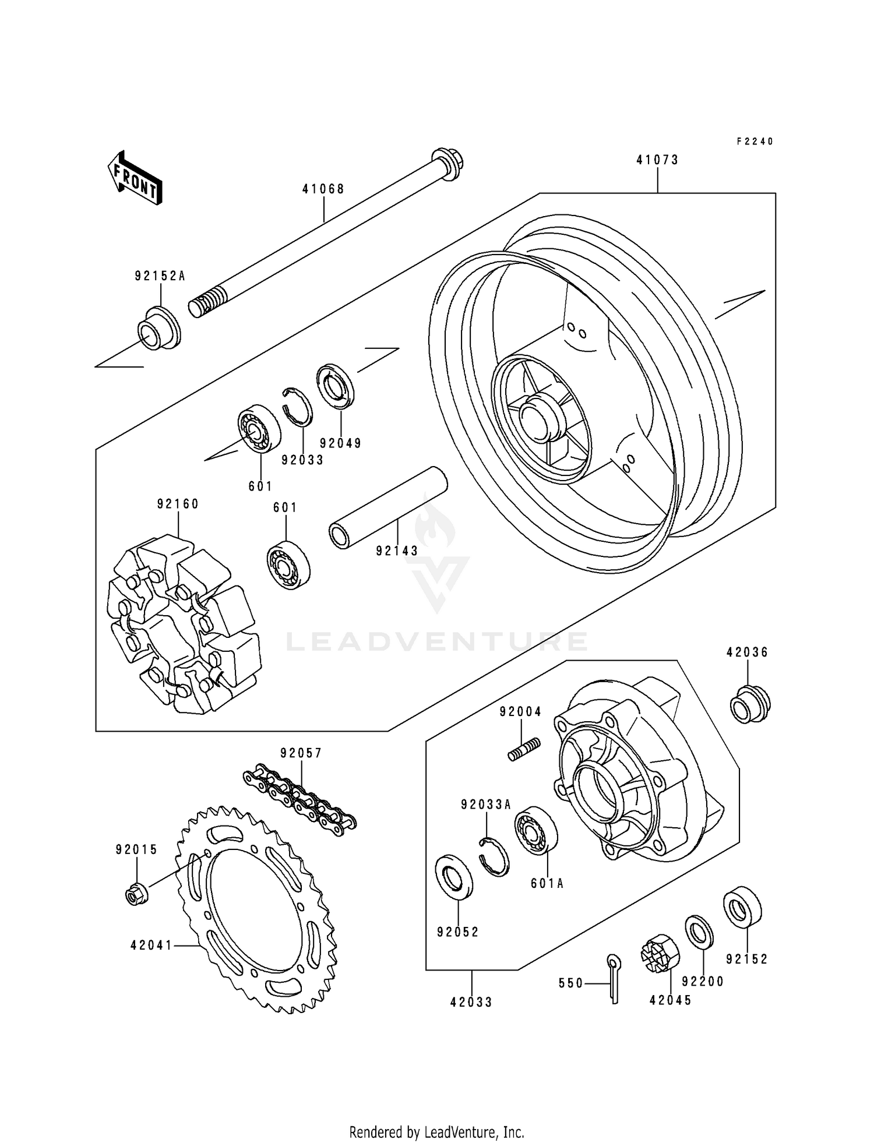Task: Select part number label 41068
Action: pyautogui.click(x=323, y=189)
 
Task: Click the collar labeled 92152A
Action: pyautogui.click(x=158, y=329)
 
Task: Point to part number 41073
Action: pyautogui.click(x=657, y=160)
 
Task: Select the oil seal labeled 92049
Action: pyautogui.click(x=337, y=384)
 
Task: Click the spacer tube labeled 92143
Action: pyautogui.click(x=387, y=507)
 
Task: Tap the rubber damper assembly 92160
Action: pyautogui.click(x=183, y=625)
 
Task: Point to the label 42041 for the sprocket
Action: pyautogui.click(x=151, y=945)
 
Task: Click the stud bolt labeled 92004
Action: pyautogui.click(x=524, y=749)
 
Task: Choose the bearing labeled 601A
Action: pyautogui.click(x=535, y=830)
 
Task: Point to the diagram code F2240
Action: pyautogui.click(x=755, y=142)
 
